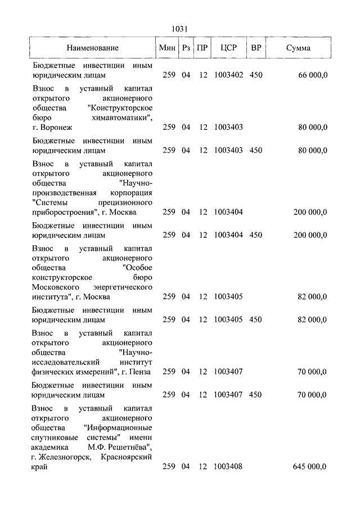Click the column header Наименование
tap(93, 48)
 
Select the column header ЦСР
tap(228, 48)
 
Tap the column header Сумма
tap(298, 48)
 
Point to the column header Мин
tap(167, 48)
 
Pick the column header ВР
tap(255, 48)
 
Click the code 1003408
tap(228, 467)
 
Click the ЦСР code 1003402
tap(228, 75)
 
